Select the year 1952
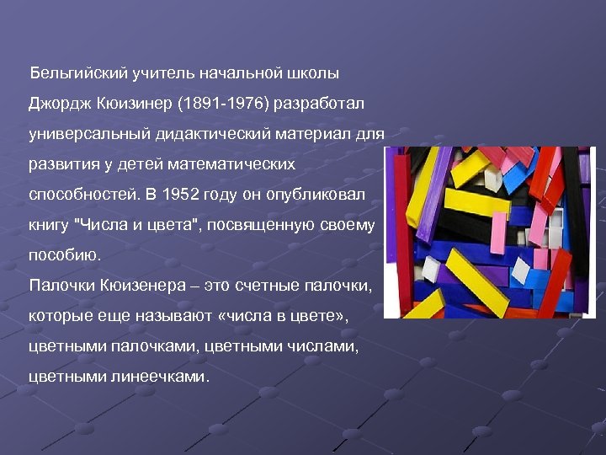[183, 195]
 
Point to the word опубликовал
[320, 195]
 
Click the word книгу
[48, 225]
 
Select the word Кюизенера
[138, 286]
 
